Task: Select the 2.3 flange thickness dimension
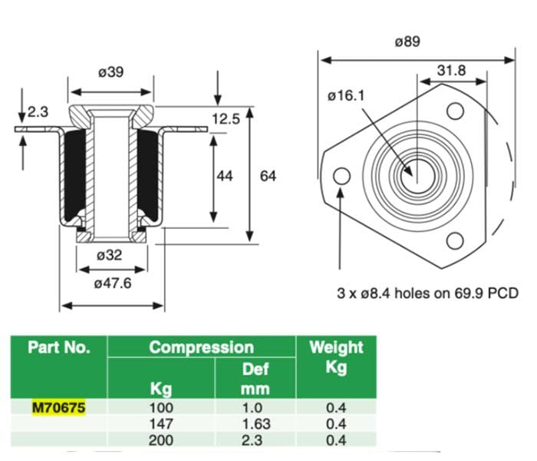(x=38, y=112)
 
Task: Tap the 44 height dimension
(x=225, y=176)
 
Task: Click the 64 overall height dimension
(x=268, y=176)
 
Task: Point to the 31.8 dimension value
(x=452, y=70)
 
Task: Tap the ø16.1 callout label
(x=344, y=96)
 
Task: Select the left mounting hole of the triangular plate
(x=341, y=176)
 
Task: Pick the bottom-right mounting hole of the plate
(x=455, y=241)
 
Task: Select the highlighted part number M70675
(x=59, y=406)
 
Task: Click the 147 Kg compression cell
(x=162, y=423)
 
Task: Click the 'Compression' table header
(x=201, y=347)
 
